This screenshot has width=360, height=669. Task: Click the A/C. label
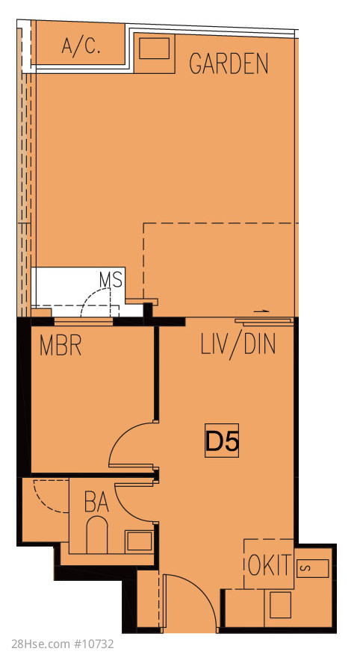point(81,46)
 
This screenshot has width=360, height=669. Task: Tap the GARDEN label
point(229,64)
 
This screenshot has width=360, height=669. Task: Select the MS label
point(111,280)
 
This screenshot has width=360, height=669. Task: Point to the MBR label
point(60,345)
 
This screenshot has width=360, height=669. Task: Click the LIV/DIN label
point(238,345)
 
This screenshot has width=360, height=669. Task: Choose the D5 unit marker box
point(221,441)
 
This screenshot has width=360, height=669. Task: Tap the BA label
point(96,502)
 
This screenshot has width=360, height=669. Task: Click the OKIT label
point(270,565)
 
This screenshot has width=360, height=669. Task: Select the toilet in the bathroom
point(97,534)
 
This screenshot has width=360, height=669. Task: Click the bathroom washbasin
point(139,541)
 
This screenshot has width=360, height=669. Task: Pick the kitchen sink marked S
point(313,568)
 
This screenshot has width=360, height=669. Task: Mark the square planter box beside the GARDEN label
point(155,53)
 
